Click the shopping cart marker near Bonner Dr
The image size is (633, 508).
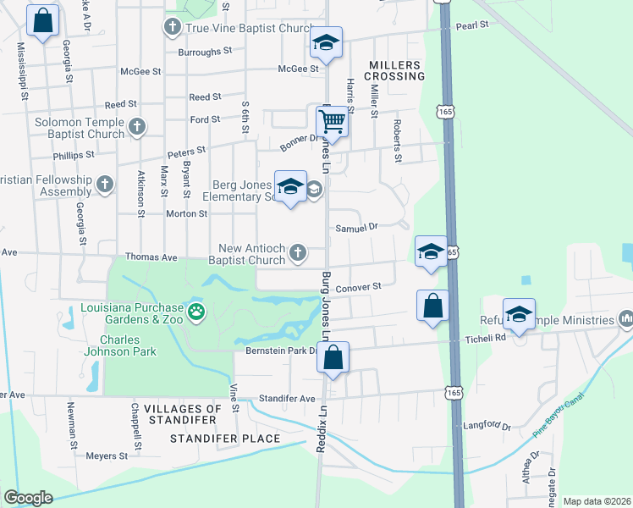pyautogui.click(x=333, y=122)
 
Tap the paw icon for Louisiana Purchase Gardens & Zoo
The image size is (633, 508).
pyautogui.click(x=196, y=312)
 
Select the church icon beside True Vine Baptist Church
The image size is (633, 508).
pyautogui.click(x=172, y=28)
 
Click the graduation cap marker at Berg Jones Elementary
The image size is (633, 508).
pyautogui.click(x=290, y=187)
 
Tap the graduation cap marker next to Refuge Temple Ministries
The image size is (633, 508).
pyautogui.click(x=519, y=314)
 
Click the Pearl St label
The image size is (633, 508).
pyautogui.click(x=473, y=25)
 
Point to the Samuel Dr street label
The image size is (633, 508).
pyautogui.click(x=356, y=227)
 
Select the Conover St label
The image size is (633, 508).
pyautogui.click(x=360, y=287)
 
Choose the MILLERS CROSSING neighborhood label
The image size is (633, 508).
pyautogui.click(x=394, y=70)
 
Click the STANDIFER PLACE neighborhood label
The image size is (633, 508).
pyautogui.click(x=225, y=439)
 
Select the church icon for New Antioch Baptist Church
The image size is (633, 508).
pyautogui.click(x=297, y=251)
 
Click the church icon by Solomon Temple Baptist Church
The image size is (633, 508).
pyautogui.click(x=136, y=127)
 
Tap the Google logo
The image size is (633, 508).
pyautogui.click(x=28, y=498)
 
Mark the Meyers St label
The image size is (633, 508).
pyautogui.click(x=107, y=456)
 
